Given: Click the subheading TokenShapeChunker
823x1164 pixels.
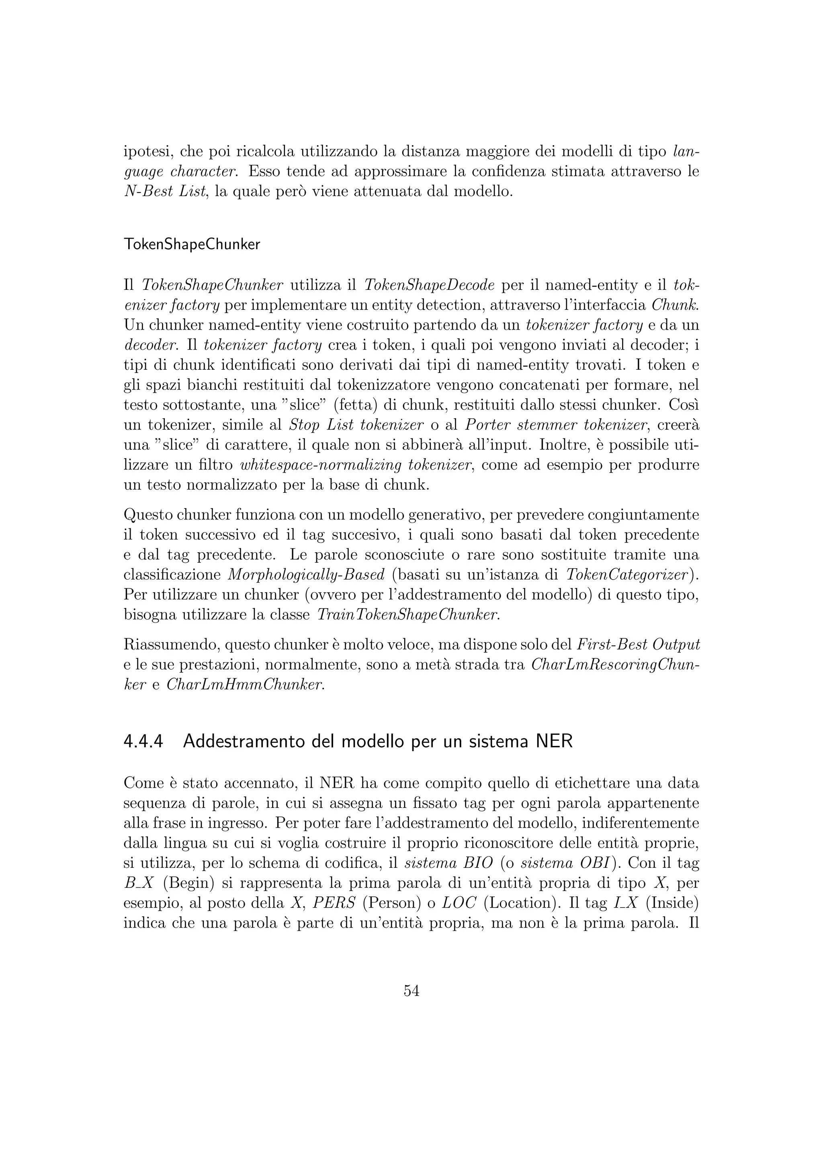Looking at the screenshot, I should (192, 244).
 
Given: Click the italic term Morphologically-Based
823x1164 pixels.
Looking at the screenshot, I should (307, 574).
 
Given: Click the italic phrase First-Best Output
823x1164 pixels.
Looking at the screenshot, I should (639, 644).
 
